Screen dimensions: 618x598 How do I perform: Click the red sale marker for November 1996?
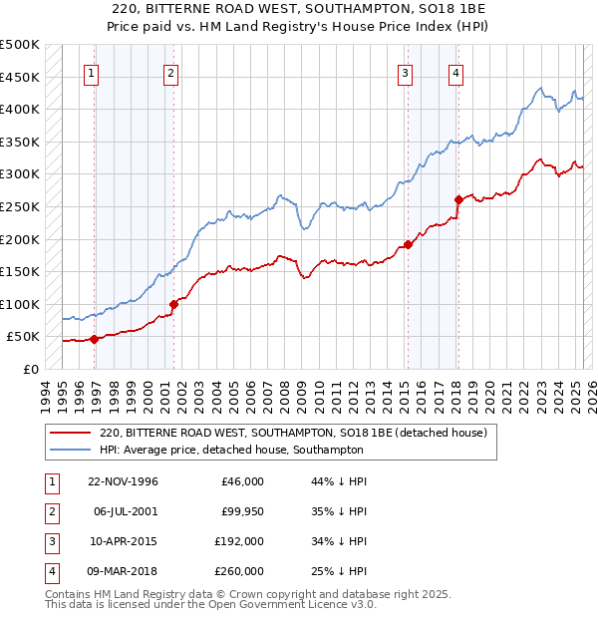[94, 339]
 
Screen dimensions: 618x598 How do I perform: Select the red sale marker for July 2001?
[173, 304]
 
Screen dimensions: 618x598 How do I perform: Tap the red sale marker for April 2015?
[408, 244]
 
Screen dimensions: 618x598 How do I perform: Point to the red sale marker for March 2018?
[457, 199]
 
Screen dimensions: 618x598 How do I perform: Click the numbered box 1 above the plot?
[92, 72]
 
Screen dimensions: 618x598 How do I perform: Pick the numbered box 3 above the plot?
[406, 72]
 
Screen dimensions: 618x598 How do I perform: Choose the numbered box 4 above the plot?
[455, 72]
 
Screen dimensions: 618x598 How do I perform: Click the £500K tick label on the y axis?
[20, 45]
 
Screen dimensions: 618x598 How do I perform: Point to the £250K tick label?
[20, 206]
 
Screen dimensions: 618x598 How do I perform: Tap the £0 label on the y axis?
[31, 369]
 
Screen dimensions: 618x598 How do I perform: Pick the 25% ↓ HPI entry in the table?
[340, 572]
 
